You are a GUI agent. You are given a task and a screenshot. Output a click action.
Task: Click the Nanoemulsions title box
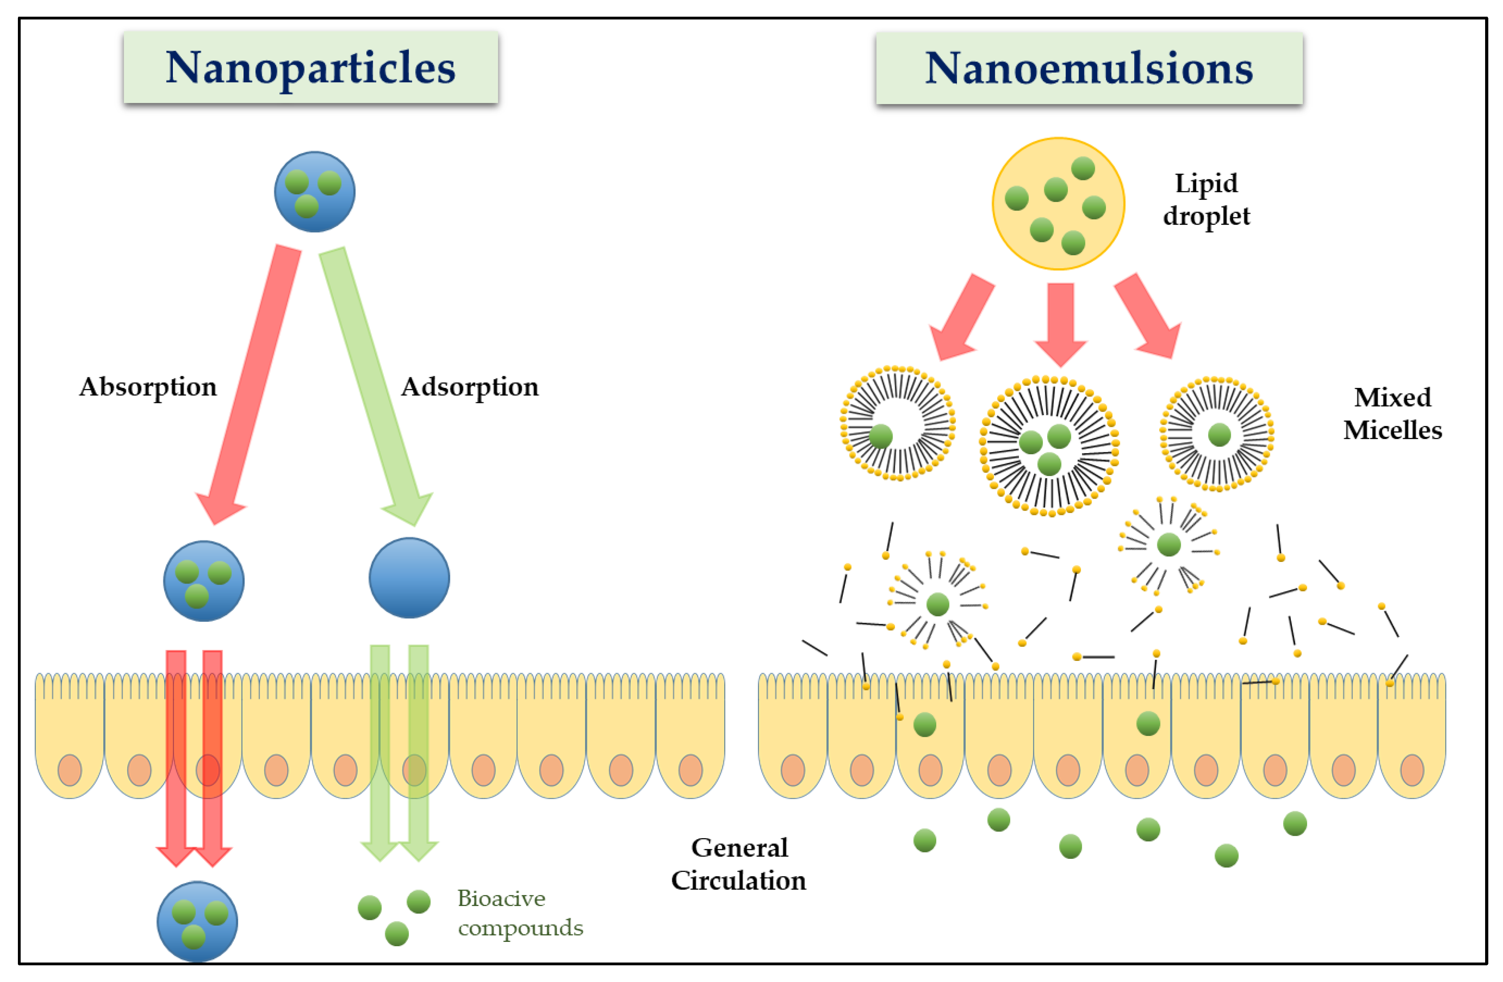pyautogui.click(x=1089, y=68)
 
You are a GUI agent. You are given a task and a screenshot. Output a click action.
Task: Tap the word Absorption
pyautogui.click(x=148, y=387)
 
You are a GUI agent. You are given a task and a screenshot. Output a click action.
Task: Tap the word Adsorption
pyautogui.click(x=470, y=387)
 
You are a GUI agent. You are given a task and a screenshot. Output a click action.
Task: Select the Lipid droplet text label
pyautogui.click(x=1206, y=199)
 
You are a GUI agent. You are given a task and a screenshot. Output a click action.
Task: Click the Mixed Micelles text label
pyautogui.click(x=1393, y=414)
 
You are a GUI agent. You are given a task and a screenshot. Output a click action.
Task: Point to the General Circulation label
pyautogui.click(x=739, y=864)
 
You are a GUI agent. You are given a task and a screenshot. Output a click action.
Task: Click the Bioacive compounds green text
pyautogui.click(x=519, y=912)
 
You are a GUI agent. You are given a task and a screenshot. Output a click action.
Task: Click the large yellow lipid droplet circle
pyautogui.click(x=1058, y=203)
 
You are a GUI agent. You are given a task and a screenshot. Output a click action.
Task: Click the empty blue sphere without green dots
pyautogui.click(x=409, y=578)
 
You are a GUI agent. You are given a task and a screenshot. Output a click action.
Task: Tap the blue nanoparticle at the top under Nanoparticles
pyautogui.click(x=314, y=191)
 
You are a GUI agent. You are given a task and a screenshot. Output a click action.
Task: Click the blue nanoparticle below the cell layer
pyautogui.click(x=197, y=921)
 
